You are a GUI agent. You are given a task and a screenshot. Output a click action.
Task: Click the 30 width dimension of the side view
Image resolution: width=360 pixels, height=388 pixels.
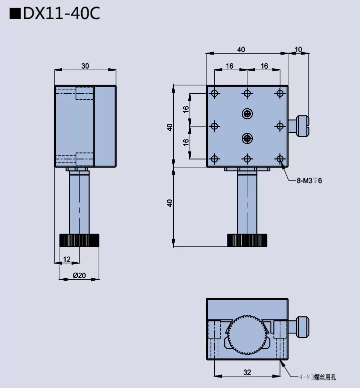[x=85, y=66]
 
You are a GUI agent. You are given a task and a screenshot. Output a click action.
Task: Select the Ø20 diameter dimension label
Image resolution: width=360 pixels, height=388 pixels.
[x=79, y=275]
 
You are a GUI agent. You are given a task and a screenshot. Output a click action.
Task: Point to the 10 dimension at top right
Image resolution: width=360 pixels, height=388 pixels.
[x=299, y=49]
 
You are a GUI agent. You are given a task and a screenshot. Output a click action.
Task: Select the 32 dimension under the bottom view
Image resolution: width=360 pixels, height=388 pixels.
[x=247, y=372]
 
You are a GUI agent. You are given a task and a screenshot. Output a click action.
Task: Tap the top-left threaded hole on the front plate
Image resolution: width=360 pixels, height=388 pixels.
[x=215, y=94]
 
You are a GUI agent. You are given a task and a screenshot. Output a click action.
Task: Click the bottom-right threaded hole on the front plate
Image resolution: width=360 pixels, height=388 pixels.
[x=279, y=159]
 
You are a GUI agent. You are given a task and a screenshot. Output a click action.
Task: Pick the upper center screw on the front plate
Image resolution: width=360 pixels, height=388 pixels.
[x=247, y=114]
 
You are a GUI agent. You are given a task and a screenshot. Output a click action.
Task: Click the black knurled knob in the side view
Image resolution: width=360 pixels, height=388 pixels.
[x=79, y=240]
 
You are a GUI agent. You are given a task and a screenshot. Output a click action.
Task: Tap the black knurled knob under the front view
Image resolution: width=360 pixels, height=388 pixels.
[x=247, y=240]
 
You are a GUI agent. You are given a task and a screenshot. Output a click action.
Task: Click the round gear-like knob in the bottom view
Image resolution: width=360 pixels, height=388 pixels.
[x=247, y=335]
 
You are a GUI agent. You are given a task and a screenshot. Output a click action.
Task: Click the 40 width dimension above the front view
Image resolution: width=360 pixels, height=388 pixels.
[x=241, y=49]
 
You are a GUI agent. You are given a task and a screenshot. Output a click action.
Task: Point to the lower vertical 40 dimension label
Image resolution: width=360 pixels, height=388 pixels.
[x=170, y=203]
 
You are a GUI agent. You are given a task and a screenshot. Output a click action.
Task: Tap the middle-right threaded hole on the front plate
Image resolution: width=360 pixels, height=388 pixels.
[x=279, y=126]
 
